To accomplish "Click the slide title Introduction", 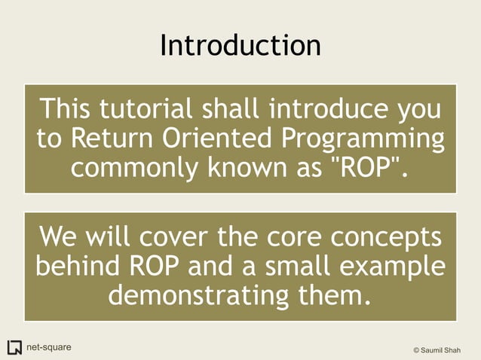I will [240, 45].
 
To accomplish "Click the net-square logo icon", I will [14, 347].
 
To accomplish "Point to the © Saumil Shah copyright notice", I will [441, 349].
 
